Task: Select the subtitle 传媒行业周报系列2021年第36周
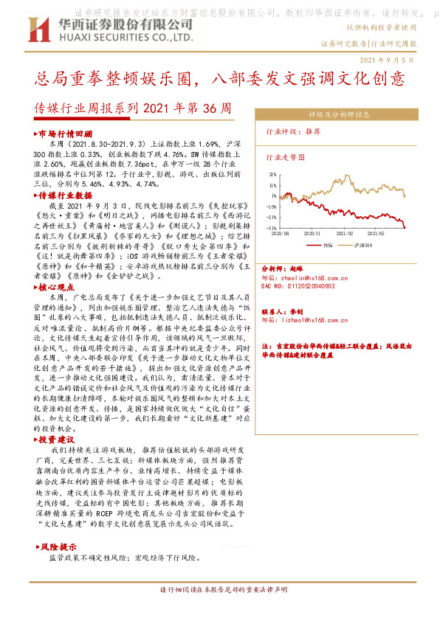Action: tap(133, 108)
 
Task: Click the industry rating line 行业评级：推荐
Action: tap(292, 131)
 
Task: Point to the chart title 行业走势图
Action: tap(285, 157)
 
